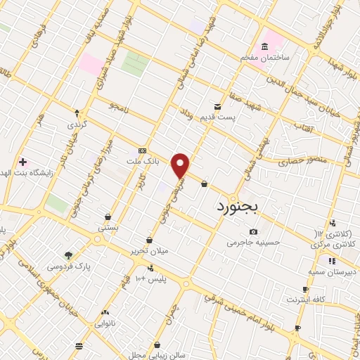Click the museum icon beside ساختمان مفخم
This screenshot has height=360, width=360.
coord(264,46)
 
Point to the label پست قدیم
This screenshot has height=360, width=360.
coord(233,117)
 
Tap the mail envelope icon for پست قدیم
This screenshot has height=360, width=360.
coord(217,106)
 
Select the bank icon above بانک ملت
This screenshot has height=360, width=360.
coord(143,150)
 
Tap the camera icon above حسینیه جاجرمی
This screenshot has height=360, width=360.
coord(253,232)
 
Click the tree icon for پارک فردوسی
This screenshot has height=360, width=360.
coord(68,255)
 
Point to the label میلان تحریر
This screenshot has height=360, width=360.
coord(149,251)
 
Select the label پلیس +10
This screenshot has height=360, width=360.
coord(150,278)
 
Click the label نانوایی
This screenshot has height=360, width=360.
coord(105,323)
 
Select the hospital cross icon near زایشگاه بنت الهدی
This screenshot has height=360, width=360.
coord(22,162)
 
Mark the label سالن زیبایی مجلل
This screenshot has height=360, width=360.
coord(157,355)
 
